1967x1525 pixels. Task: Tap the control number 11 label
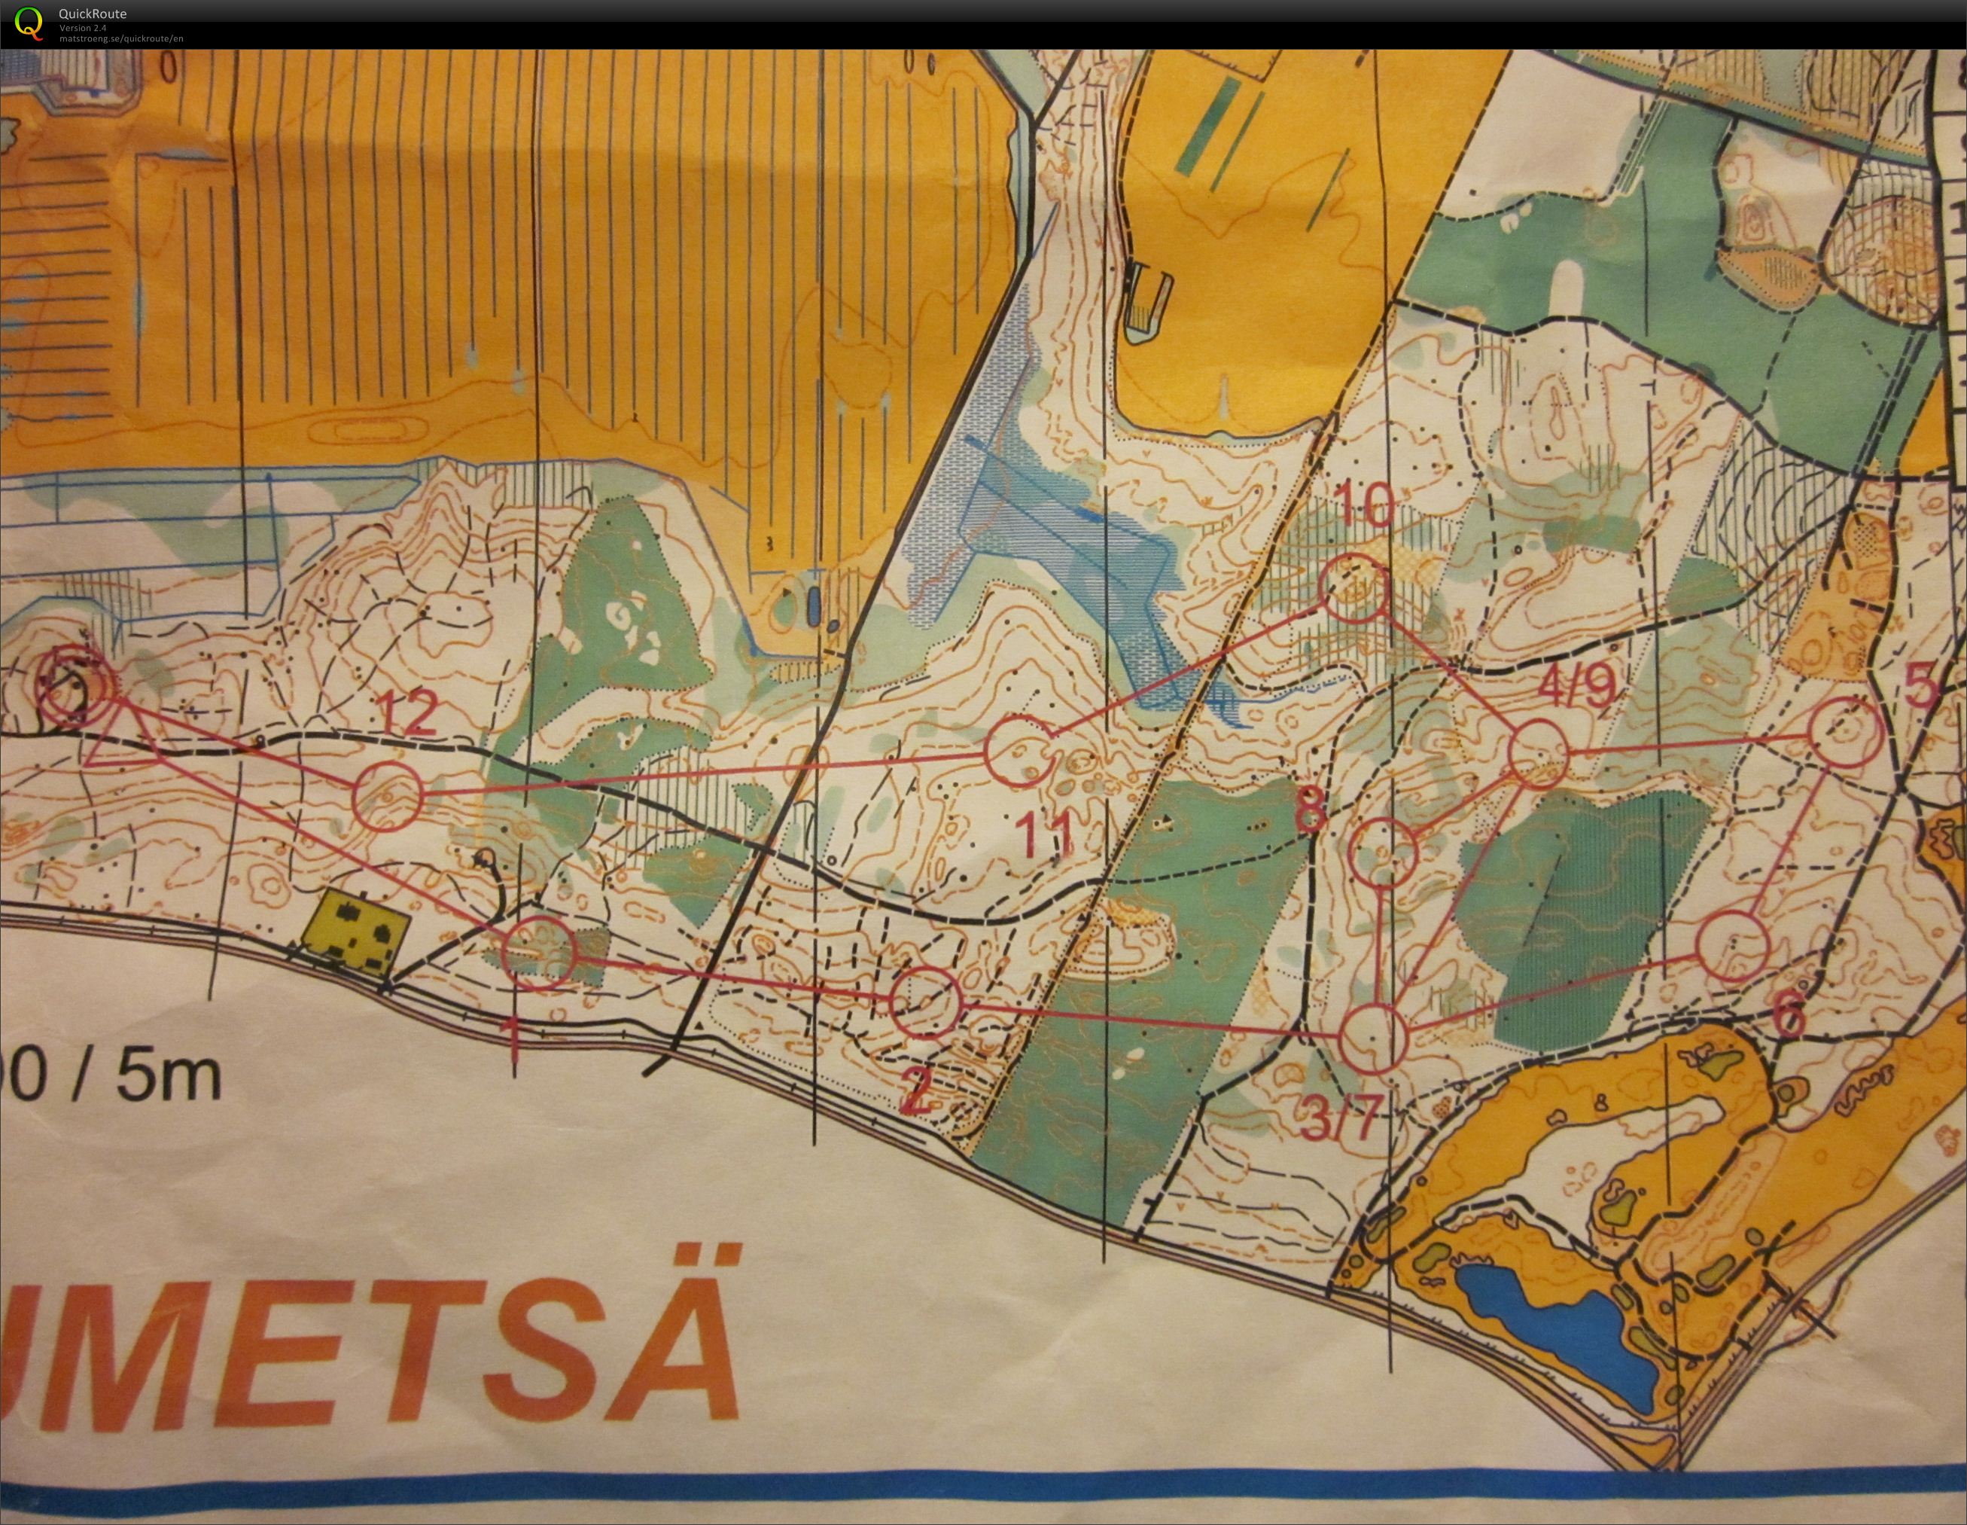1049,832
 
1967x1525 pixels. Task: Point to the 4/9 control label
1576,689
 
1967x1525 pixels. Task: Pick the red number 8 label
1311,810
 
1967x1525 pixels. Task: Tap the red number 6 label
1789,1018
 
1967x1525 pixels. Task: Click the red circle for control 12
386,795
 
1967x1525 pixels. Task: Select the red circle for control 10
1353,588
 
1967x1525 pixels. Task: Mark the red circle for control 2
927,1002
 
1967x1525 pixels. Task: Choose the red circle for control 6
1734,946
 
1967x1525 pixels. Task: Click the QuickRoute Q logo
28,23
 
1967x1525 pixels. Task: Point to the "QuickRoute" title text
93,14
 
